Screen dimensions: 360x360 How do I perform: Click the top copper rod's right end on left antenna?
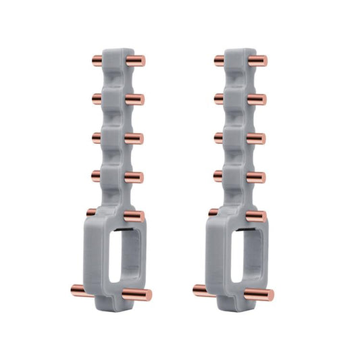(143, 61)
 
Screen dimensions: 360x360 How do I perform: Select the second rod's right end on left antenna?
(140, 99)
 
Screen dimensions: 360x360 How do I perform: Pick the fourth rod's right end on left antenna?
(138, 178)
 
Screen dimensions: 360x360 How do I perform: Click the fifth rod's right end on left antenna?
(138, 215)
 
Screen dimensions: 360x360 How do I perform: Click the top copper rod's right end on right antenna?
(263, 61)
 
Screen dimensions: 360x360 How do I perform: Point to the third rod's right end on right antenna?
(260, 138)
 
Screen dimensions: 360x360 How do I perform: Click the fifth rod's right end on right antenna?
(259, 215)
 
